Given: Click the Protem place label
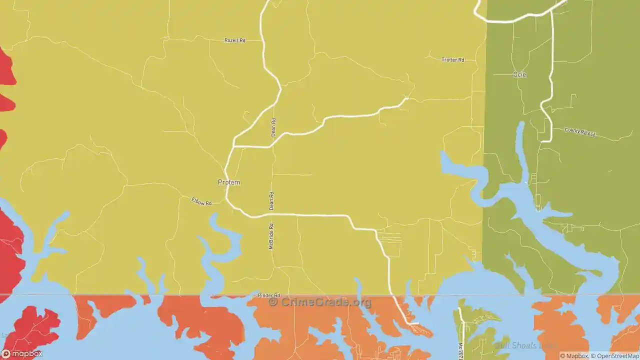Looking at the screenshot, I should click(229, 182).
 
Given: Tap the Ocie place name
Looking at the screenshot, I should click(519, 74).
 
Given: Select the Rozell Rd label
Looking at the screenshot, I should click(235, 40).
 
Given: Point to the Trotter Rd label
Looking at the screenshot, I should click(453, 60).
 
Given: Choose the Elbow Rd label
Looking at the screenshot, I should click(201, 201).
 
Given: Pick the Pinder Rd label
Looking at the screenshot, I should click(269, 295).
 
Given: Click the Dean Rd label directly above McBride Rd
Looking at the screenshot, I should click(271, 201).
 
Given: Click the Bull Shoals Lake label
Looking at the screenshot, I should click(525, 345).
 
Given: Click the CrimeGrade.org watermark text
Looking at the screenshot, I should click(326, 302).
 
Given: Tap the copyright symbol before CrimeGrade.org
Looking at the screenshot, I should click(273, 302).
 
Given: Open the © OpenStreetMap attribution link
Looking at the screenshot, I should click(615, 356).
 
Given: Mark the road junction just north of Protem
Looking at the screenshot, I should click(234, 146).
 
